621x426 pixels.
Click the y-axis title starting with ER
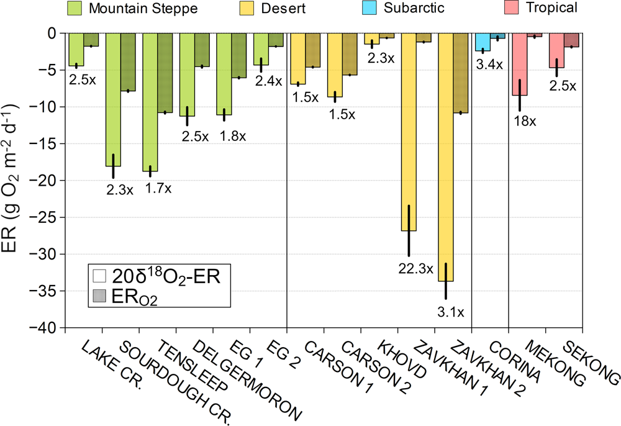15,180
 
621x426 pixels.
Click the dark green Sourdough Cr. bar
128,62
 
